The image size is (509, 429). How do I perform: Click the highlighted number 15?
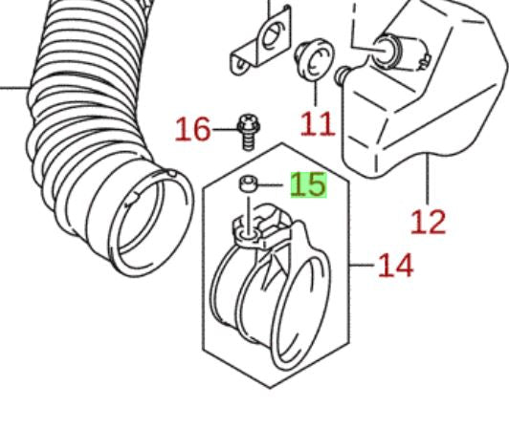click(x=308, y=184)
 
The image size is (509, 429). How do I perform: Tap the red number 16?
click(x=192, y=129)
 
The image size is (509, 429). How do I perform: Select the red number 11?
click(x=317, y=124)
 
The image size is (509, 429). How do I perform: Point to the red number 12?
click(x=429, y=222)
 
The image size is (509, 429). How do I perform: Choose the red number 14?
click(x=396, y=266)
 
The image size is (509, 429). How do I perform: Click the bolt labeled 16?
click(x=249, y=132)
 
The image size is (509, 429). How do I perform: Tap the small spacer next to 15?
click(x=249, y=183)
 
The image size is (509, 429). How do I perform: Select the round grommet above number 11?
click(x=314, y=59)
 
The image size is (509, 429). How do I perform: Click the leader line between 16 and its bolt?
click(x=225, y=130)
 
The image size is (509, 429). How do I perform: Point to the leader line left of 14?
click(x=362, y=265)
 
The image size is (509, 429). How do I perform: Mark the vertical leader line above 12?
click(x=429, y=179)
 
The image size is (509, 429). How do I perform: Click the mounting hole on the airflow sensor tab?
click(x=248, y=234)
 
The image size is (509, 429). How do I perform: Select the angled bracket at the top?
click(x=260, y=40)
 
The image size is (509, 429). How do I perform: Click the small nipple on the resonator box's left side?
click(x=342, y=75)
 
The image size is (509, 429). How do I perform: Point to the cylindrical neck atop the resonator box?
click(x=400, y=52)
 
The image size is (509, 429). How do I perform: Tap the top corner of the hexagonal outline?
click(x=281, y=142)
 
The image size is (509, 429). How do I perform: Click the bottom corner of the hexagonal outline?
click(x=270, y=388)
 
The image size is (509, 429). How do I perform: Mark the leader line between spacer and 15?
click(x=270, y=184)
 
